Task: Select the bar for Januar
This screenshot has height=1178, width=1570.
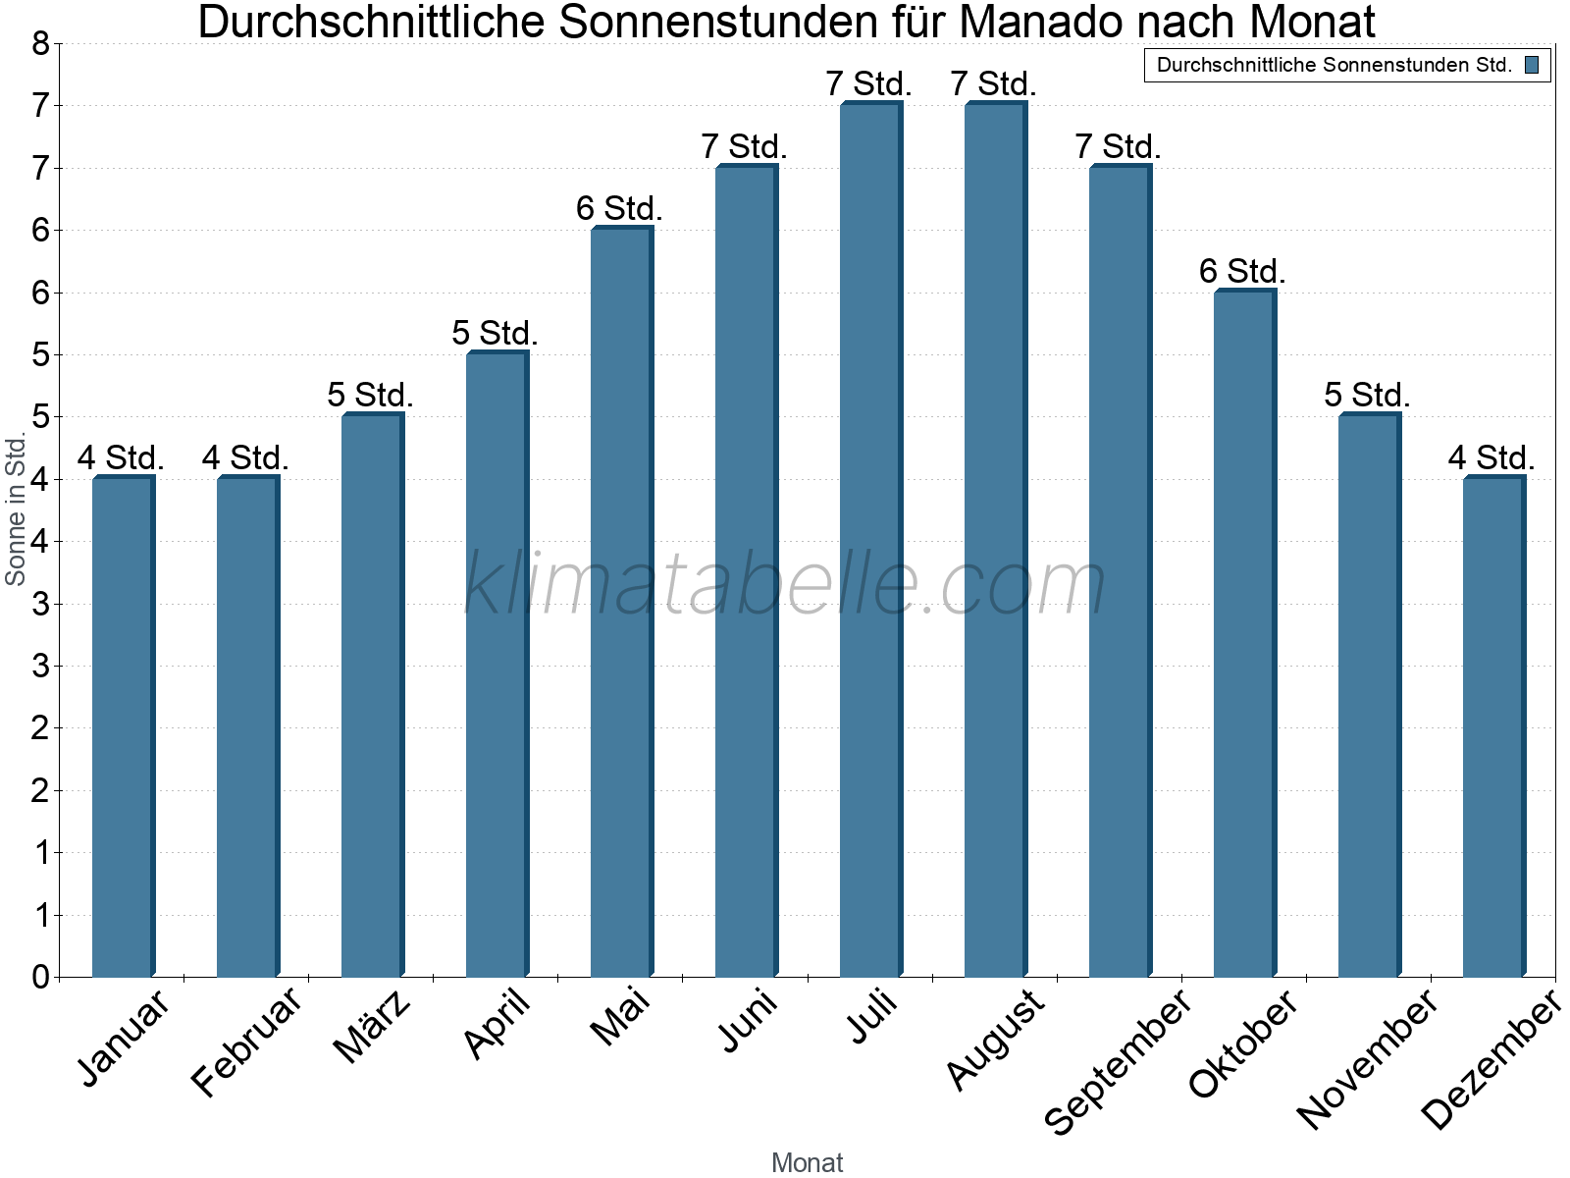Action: click(123, 726)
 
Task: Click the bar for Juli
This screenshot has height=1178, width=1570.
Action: click(870, 540)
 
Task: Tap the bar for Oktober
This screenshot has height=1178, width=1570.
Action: click(1244, 633)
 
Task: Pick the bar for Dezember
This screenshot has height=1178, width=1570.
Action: click(1493, 726)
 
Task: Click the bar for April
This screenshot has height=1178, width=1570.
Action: click(497, 665)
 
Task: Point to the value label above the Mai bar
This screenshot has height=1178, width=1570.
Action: click(619, 208)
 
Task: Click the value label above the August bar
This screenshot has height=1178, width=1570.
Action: click(993, 84)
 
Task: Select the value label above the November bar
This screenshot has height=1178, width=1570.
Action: click(1367, 395)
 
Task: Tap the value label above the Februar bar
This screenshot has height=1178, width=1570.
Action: click(245, 457)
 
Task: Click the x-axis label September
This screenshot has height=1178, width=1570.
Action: click(1119, 1062)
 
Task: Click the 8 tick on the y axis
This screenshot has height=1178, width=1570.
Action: click(40, 43)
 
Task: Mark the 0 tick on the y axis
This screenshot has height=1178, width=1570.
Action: click(40, 977)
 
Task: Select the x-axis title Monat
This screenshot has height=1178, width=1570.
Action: click(807, 1162)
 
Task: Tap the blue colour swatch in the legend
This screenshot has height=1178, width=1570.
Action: click(1532, 66)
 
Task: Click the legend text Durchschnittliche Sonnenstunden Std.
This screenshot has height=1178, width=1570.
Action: click(1334, 66)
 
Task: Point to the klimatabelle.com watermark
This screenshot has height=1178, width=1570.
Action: click(785, 584)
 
